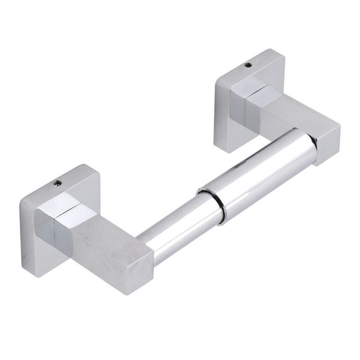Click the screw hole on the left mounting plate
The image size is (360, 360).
point(58,182)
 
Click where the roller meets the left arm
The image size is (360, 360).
point(144,242)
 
